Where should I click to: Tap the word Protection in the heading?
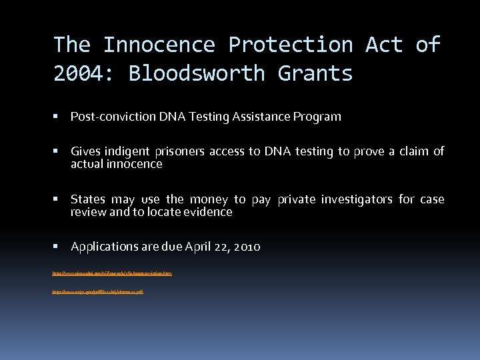(x=290, y=45)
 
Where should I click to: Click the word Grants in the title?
(x=315, y=73)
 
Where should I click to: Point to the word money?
(x=208, y=199)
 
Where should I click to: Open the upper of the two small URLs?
(x=112, y=273)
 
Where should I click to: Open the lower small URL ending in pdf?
(x=98, y=292)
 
